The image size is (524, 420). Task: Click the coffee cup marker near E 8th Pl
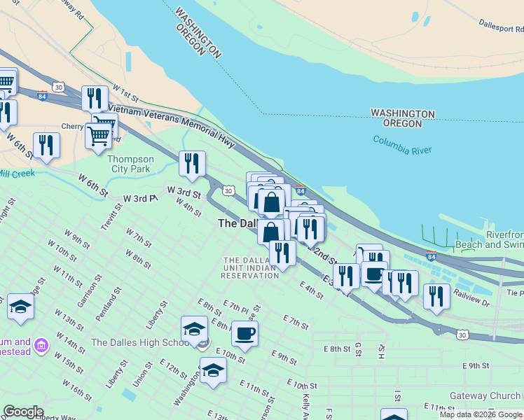[x=244, y=333]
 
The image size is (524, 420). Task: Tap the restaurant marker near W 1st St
[x=95, y=98]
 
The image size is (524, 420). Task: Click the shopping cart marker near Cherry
[x=99, y=135]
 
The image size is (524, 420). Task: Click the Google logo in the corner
[x=23, y=412]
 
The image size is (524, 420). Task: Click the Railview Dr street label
[x=471, y=297]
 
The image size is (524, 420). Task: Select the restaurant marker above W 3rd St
[x=192, y=163]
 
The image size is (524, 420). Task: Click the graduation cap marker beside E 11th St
[x=213, y=370]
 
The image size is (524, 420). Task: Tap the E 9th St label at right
[x=476, y=365]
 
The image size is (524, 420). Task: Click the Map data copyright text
[x=481, y=414]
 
